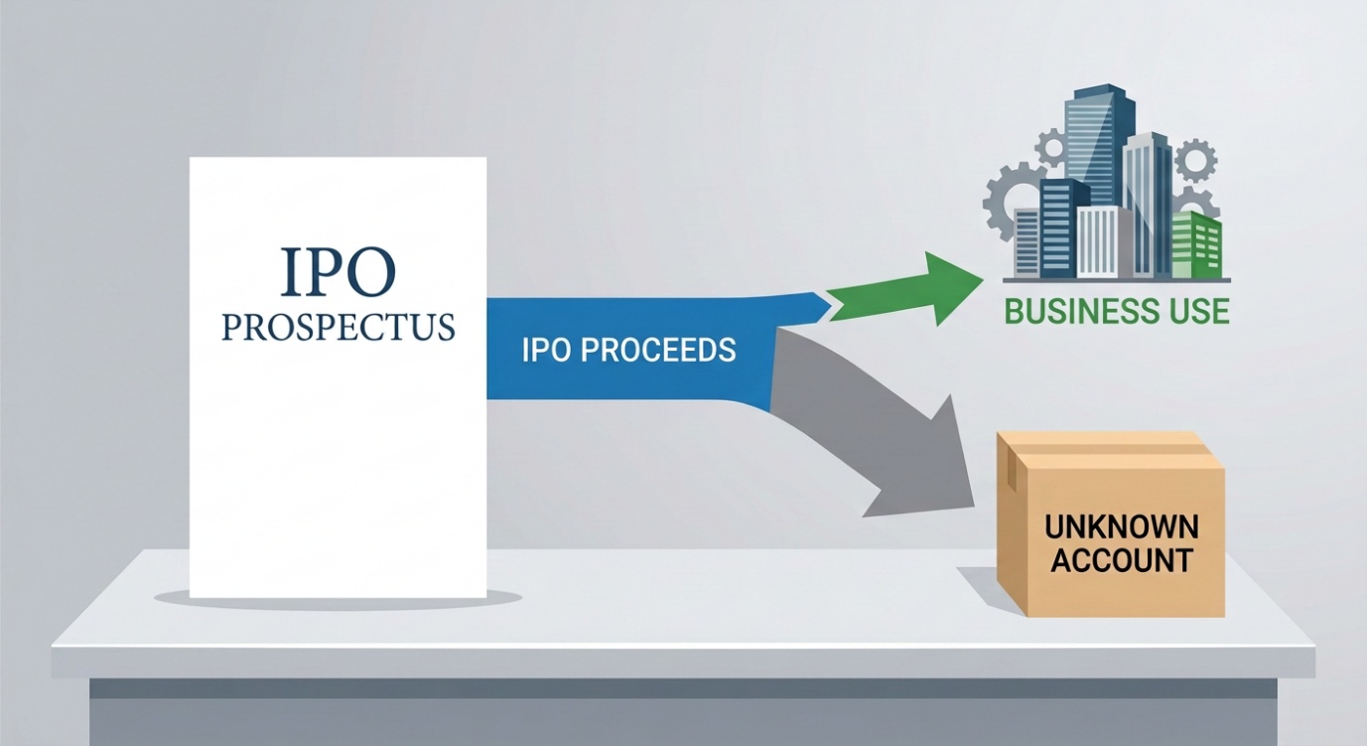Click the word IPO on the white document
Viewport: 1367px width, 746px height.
click(x=338, y=271)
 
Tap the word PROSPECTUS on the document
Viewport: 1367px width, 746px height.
click(x=339, y=327)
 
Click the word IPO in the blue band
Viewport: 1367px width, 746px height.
click(x=546, y=350)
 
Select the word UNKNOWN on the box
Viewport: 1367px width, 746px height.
click(x=1122, y=526)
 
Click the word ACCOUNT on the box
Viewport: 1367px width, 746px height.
click(x=1122, y=560)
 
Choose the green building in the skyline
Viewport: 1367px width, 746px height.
click(x=1196, y=244)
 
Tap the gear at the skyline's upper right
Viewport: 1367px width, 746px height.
click(x=1195, y=160)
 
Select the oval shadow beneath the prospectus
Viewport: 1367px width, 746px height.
click(x=339, y=598)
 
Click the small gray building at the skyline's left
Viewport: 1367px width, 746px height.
click(x=1027, y=242)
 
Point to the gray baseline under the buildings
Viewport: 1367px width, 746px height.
click(x=1117, y=280)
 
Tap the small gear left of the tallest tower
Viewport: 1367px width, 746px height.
click(x=1052, y=147)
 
